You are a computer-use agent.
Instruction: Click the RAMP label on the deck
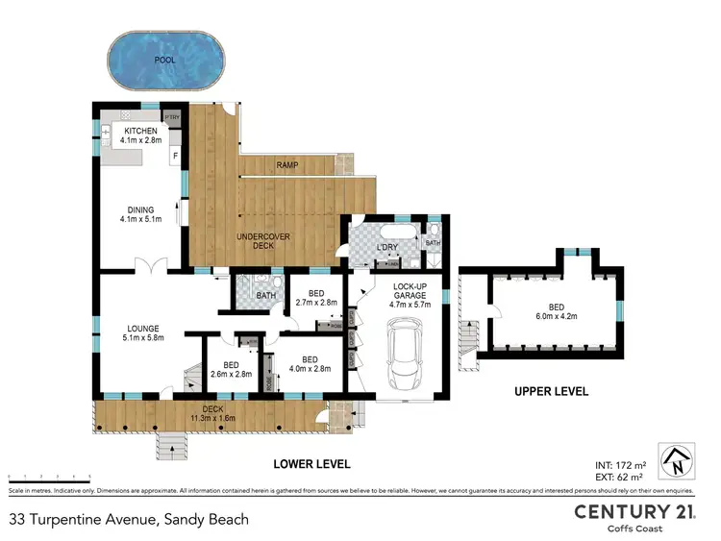coord(286,165)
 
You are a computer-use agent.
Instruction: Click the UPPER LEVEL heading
coord(551,392)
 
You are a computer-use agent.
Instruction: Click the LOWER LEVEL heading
coord(311,464)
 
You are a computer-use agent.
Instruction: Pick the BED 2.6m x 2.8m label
coord(231,370)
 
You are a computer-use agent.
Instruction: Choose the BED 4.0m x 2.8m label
coord(309,362)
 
